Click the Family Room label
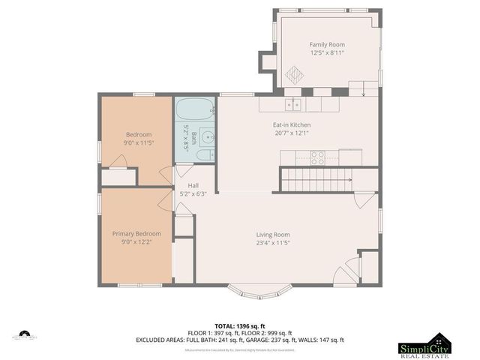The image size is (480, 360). click(326, 44)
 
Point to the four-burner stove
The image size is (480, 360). click(317, 157)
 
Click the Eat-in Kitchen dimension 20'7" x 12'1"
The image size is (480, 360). click(291, 133)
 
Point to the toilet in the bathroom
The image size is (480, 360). click(202, 156)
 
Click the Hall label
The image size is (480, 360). click(193, 185)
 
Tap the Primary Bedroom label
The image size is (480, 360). click(136, 233)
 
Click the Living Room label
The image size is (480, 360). click(273, 234)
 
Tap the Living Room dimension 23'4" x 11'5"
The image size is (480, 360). click(273, 243)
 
